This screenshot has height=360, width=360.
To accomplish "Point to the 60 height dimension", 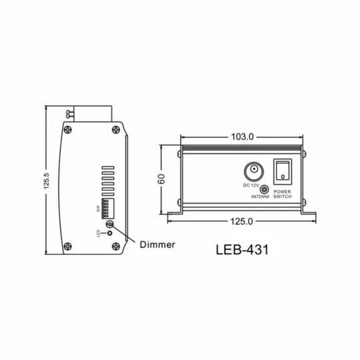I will [162, 179].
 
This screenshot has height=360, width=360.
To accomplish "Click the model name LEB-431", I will [243, 251].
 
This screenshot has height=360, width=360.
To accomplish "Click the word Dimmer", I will [158, 244].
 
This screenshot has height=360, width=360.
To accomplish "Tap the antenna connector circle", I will [265, 189].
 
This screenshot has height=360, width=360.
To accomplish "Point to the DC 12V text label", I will [251, 185].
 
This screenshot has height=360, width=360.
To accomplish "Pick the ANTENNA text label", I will [261, 198].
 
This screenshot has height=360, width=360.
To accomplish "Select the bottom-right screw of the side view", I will [116, 247].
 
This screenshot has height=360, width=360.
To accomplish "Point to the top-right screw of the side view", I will [116, 131].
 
